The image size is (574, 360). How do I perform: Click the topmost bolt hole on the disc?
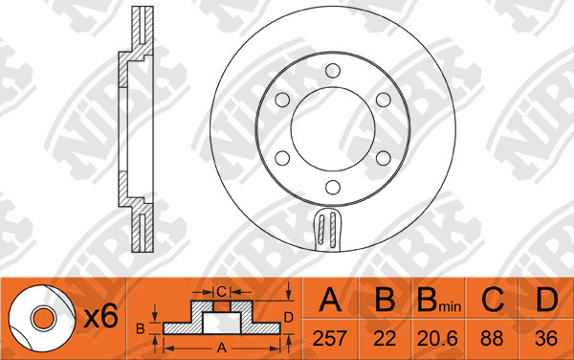pyautogui.click(x=333, y=71)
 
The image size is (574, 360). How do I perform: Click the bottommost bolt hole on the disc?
pyautogui.click(x=333, y=187)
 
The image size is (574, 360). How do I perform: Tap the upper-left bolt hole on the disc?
pyautogui.click(x=282, y=100)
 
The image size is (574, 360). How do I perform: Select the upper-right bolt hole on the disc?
pyautogui.click(x=384, y=100)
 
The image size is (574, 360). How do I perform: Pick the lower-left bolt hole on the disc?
pyautogui.click(x=282, y=158)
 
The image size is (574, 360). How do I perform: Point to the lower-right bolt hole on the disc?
pyautogui.click(x=384, y=158)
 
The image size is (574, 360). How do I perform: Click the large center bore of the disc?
pyautogui.click(x=333, y=129)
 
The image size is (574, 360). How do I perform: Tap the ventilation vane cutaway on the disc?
pyautogui.click(x=327, y=229)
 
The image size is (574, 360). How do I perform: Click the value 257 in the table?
pyautogui.click(x=329, y=338)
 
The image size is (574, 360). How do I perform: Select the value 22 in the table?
pyautogui.click(x=385, y=338)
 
